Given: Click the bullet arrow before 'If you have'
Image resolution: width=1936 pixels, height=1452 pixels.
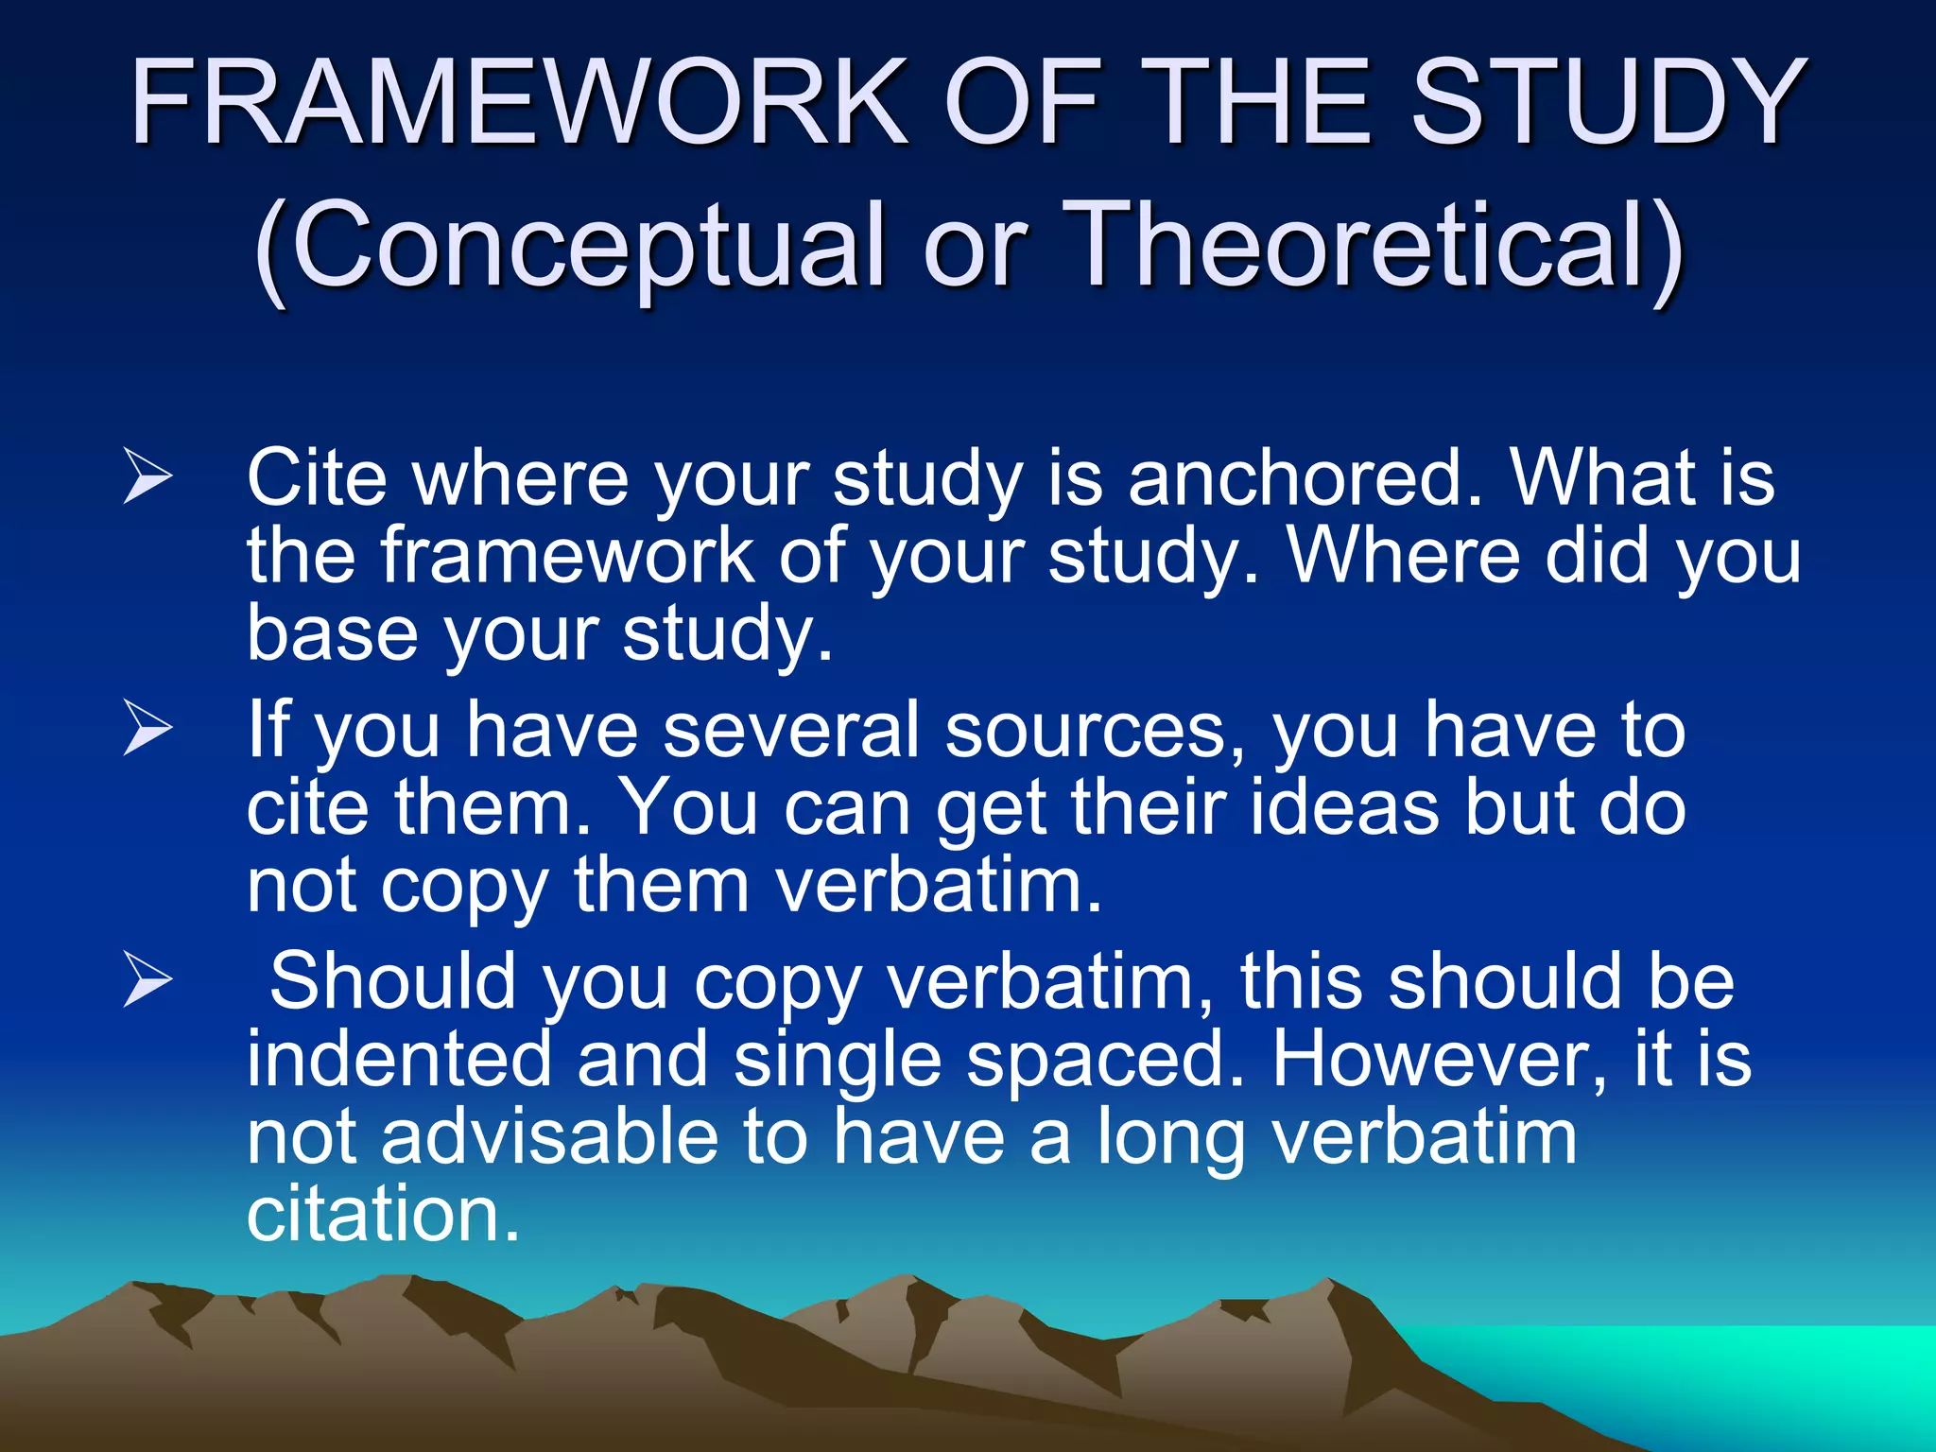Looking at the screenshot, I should click(x=147, y=731).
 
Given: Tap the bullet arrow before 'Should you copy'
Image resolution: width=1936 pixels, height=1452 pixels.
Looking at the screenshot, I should click(x=147, y=981).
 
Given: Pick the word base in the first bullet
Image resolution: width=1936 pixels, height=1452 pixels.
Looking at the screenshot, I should click(x=332, y=633).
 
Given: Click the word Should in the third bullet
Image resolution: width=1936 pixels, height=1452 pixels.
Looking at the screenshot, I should click(x=392, y=981).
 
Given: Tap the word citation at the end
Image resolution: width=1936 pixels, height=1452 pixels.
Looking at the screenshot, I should click(x=383, y=1214).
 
